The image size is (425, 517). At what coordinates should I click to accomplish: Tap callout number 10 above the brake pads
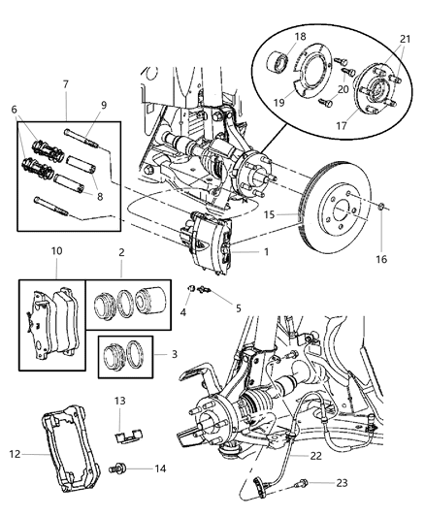pos(57,250)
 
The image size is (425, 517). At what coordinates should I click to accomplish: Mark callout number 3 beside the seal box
pos(173,356)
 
